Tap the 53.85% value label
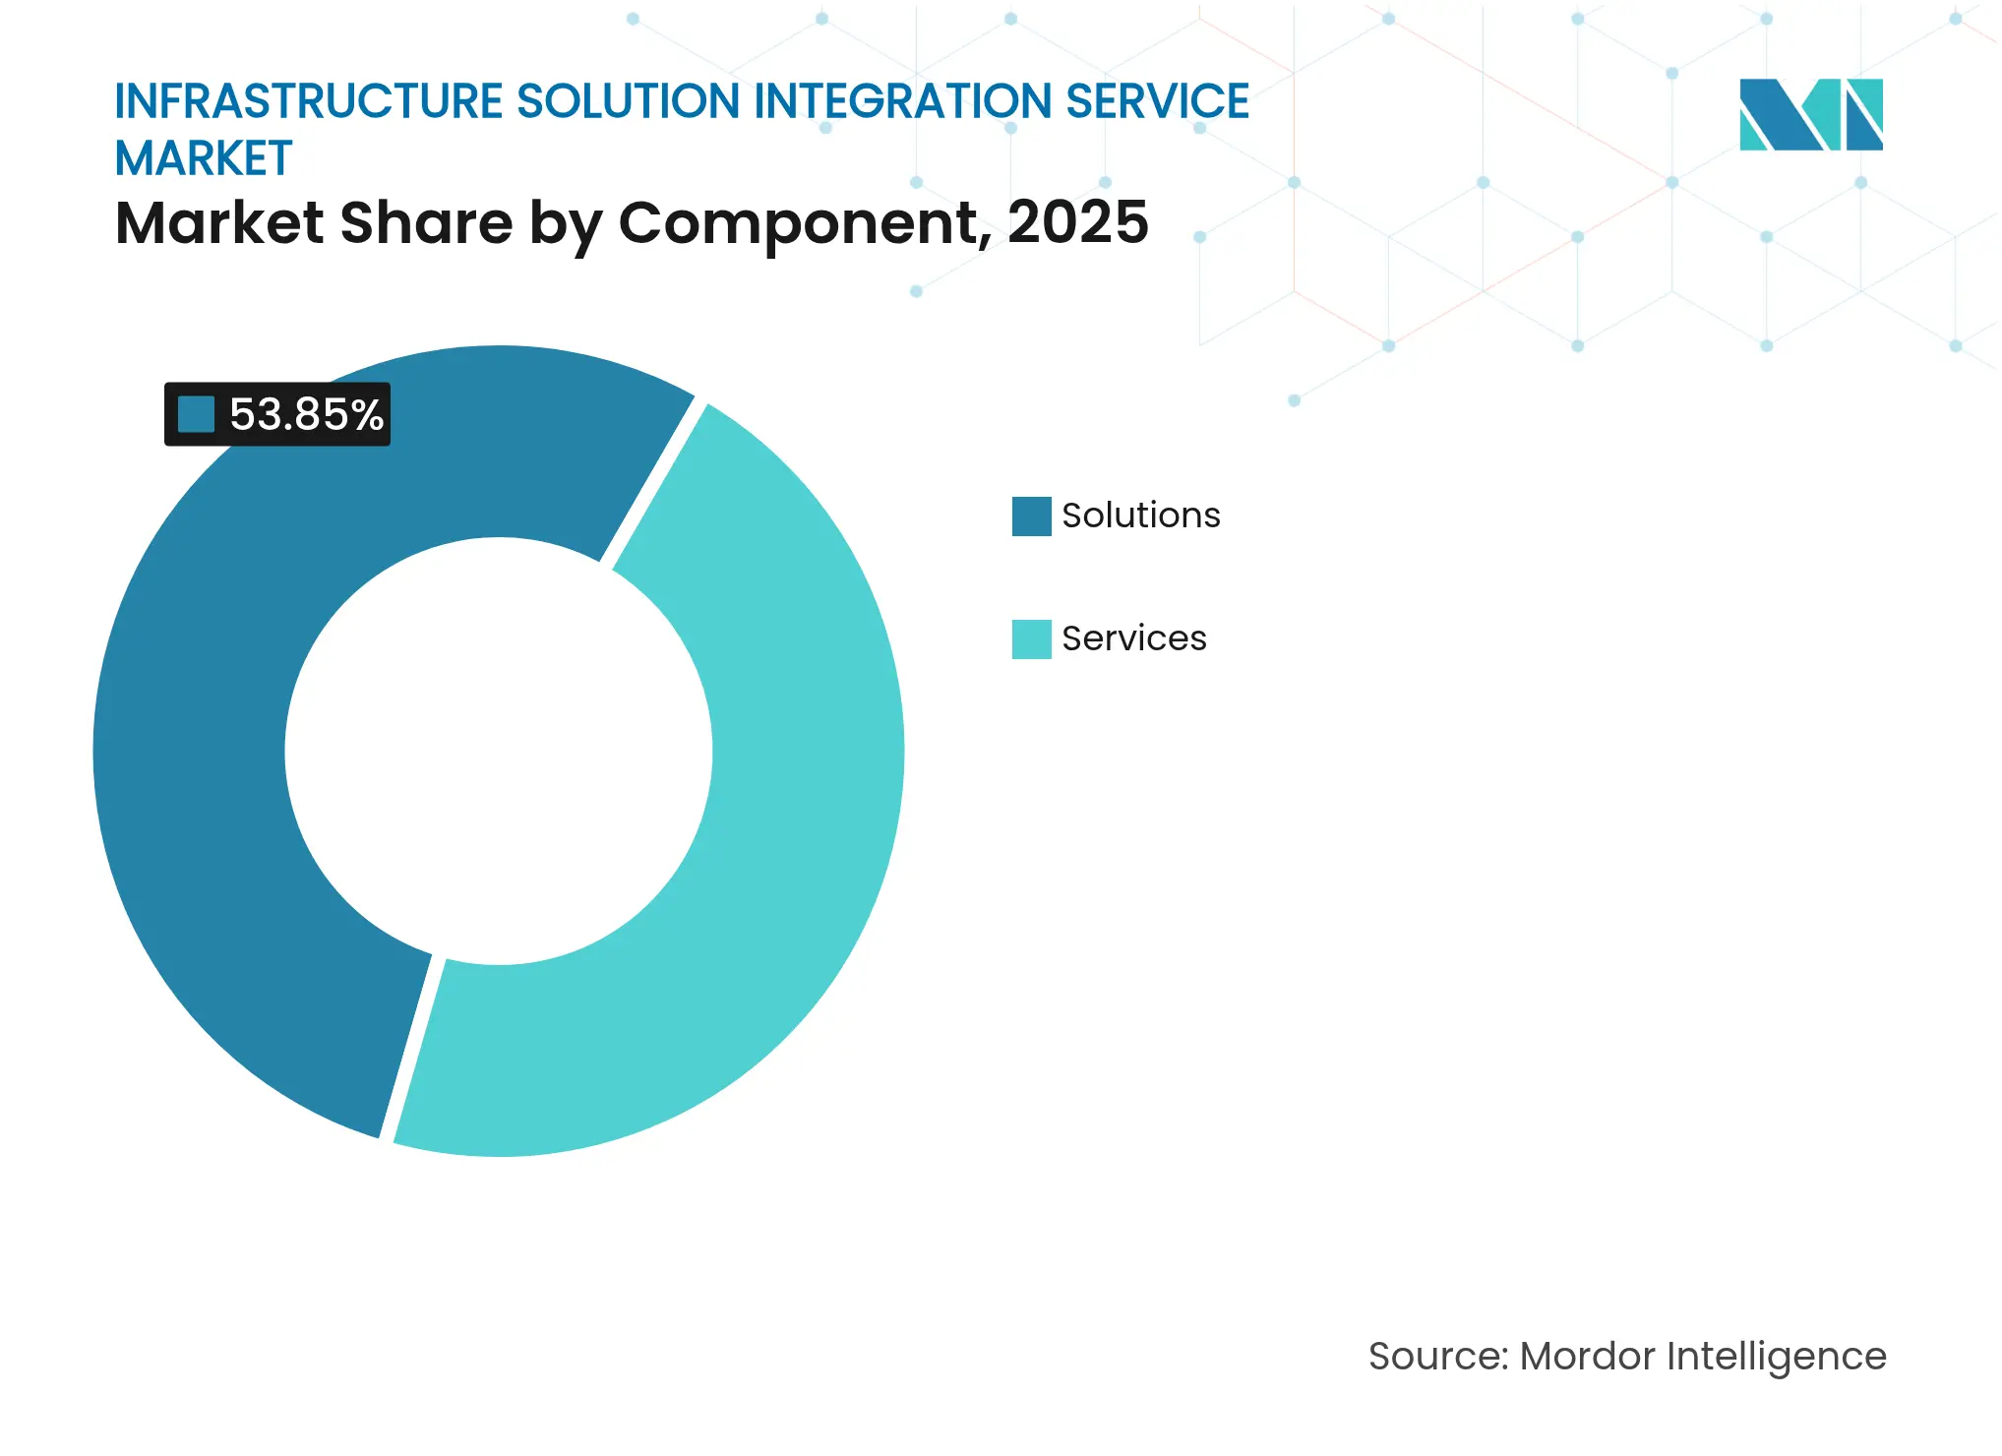pos(306,414)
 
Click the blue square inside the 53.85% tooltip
pos(196,414)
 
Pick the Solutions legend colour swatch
pos(1031,516)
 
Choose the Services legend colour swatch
pos(1031,639)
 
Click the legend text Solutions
pos(1140,516)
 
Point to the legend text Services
pos(1133,638)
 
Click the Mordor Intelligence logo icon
pos(1810,114)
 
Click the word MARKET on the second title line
pos(204,158)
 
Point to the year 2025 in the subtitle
pos(1077,222)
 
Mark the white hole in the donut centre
pos(499,751)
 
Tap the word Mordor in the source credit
pos(1587,1357)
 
